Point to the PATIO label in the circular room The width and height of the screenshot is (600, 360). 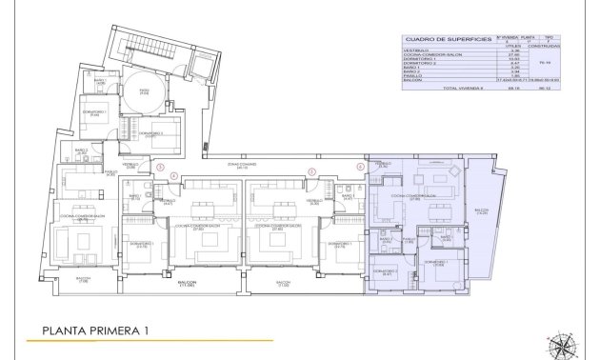144,92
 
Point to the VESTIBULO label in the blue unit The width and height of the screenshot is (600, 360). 384,164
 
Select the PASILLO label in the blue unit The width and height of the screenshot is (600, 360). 407,239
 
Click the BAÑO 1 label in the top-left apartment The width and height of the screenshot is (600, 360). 83,150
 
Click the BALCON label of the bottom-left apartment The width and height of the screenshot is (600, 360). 84,280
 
